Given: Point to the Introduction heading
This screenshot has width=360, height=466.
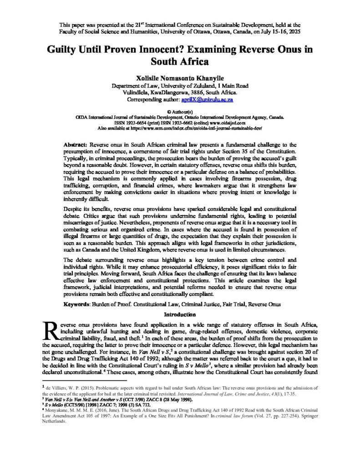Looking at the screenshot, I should (180, 314).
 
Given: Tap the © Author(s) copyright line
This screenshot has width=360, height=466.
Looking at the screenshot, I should (180, 111).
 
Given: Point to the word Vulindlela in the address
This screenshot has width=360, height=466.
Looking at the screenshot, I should (138, 91).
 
